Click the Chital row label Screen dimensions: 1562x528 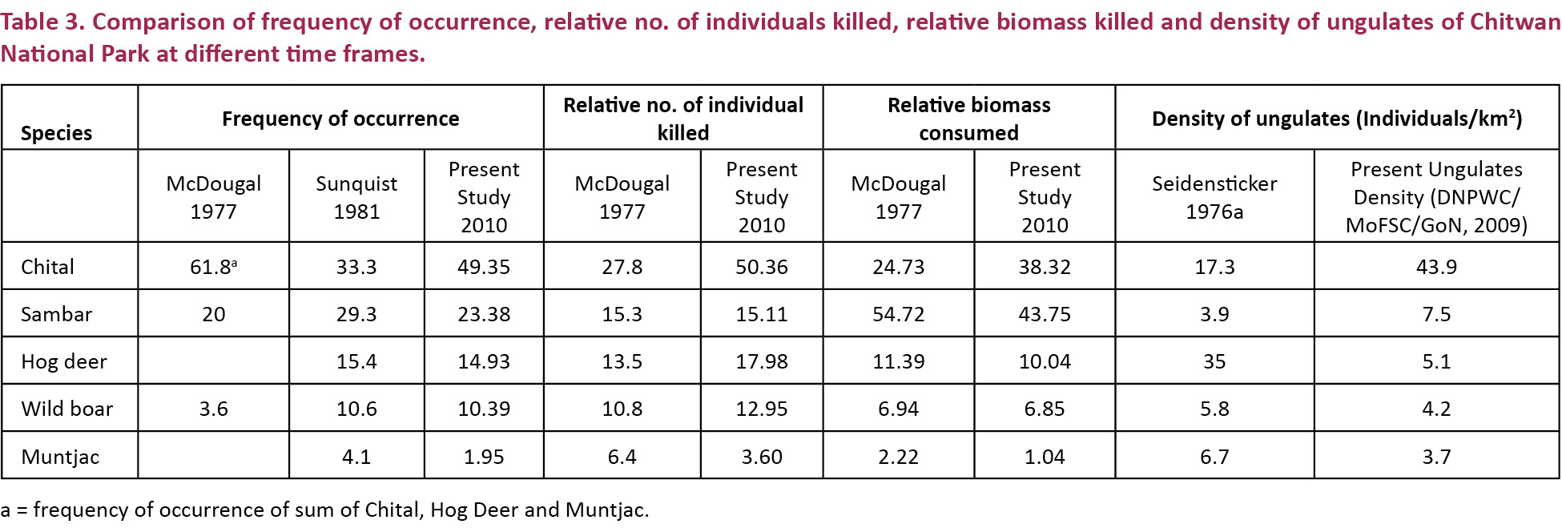[x=47, y=267]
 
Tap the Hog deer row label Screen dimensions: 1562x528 [x=63, y=361]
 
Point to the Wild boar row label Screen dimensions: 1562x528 [x=66, y=409]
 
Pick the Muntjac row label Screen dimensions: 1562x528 [x=60, y=457]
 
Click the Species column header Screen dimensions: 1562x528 [x=56, y=133]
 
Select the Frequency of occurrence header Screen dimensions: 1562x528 [x=340, y=119]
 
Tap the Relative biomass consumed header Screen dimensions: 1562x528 [x=969, y=119]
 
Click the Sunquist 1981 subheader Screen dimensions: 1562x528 [x=356, y=197]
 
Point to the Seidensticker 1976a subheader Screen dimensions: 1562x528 [x=1214, y=197]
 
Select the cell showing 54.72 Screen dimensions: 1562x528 [x=898, y=314]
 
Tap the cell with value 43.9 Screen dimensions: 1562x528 [x=1436, y=267]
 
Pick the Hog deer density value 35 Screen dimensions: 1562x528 [x=1214, y=361]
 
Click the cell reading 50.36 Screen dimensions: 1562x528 [x=762, y=267]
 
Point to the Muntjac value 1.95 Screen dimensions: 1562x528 [x=484, y=457]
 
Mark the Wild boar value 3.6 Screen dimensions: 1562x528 [x=214, y=409]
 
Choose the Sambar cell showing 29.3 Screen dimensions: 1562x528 [x=356, y=314]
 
